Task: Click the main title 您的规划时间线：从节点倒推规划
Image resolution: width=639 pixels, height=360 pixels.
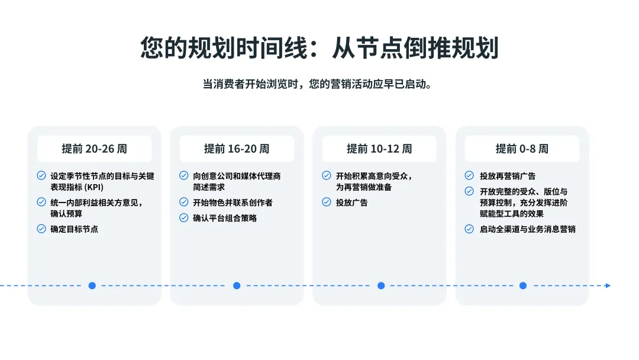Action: tap(319, 48)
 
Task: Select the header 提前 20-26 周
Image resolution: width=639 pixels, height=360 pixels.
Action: tap(94, 149)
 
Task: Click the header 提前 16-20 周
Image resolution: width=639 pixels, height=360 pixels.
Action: tap(237, 149)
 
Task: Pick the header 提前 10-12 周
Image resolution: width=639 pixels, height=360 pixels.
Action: tap(379, 149)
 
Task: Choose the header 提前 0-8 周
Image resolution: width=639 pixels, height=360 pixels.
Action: tap(522, 149)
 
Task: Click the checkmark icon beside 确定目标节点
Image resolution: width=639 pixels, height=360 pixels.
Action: tap(41, 229)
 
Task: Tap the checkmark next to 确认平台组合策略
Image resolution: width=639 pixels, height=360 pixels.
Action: tap(184, 218)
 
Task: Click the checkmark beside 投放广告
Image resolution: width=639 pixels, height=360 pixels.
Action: tap(327, 202)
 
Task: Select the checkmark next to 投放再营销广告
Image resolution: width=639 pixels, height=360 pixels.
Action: tap(469, 176)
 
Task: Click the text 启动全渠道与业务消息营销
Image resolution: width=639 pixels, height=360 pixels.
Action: tap(528, 229)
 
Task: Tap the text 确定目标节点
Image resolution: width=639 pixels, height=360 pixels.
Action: tap(75, 229)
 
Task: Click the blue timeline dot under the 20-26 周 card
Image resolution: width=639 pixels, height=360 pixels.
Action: tap(92, 285)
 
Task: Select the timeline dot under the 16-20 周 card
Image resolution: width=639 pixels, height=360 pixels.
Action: tap(237, 285)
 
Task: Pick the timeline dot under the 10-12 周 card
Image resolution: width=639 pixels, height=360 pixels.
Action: tap(381, 285)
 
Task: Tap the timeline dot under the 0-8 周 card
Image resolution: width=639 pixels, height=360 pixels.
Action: tap(523, 285)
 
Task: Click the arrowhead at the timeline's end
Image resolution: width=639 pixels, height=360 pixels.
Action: tap(608, 285)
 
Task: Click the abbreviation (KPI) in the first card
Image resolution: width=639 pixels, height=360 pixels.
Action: tap(93, 187)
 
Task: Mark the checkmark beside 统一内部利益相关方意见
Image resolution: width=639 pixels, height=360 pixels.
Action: tap(41, 202)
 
